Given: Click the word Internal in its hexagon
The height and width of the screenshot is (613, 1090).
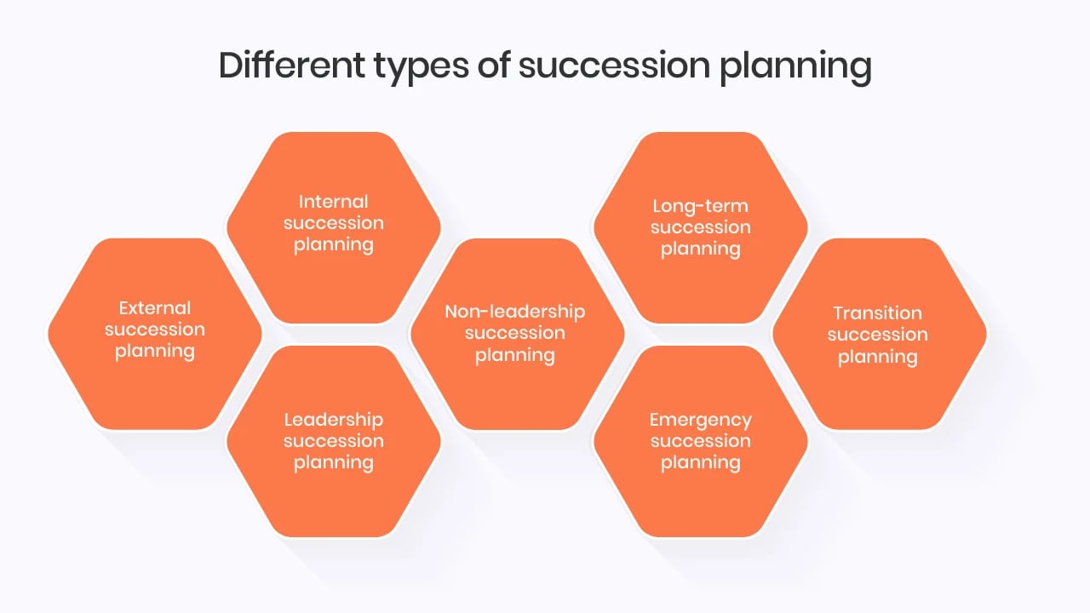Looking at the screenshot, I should (334, 202).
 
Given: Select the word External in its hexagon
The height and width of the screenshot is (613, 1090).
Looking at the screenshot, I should (155, 308).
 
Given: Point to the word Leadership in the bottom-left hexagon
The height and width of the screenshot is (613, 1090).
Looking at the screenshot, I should (334, 420).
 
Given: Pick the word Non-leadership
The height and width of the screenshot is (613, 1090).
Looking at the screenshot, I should (515, 312).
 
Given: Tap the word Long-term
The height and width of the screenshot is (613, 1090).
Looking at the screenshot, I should (701, 206).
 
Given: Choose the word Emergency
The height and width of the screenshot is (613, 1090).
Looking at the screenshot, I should (701, 420).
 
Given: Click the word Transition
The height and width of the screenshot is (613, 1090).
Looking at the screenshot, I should (878, 313).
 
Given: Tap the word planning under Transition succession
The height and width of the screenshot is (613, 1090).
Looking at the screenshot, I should (878, 357).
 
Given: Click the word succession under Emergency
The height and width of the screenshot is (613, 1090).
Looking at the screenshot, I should (701, 441).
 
